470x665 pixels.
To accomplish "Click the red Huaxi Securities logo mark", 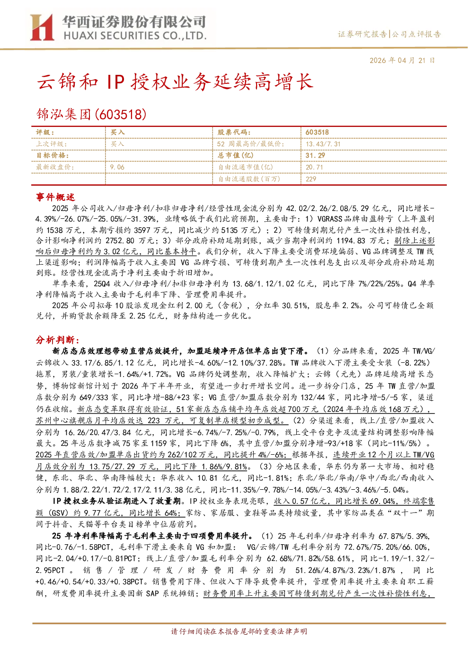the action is point(42,27).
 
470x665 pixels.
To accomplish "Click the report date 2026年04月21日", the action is point(402,61).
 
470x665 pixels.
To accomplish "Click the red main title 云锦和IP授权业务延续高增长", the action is point(175,81).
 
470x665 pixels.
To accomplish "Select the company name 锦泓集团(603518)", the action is point(91,114).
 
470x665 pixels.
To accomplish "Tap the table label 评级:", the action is point(45,133).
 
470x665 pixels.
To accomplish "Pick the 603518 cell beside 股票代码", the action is point(317,133).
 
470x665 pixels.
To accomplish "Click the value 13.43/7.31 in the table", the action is point(323,144).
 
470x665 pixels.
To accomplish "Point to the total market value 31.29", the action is point(315,155).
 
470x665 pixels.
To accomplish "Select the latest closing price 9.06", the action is point(117,167).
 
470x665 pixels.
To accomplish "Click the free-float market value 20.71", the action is point(314,167).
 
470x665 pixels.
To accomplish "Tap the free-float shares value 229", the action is point(311,179).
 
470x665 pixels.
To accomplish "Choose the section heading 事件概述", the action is point(55,197).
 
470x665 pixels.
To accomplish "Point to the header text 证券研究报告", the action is point(363,34).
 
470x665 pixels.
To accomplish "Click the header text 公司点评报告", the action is point(416,34).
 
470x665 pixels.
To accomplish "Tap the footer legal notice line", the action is point(239,631).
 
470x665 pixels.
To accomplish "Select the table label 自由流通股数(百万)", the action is point(249,179).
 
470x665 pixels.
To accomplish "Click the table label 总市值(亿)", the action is point(236,155).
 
